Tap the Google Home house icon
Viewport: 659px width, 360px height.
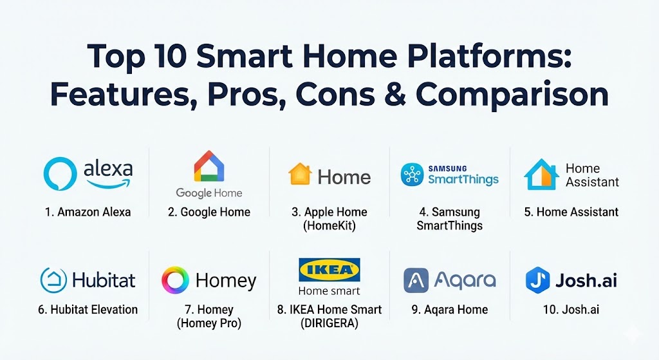[x=209, y=166]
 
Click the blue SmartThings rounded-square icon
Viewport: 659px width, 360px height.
[x=412, y=175]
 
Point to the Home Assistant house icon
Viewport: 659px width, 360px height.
[x=541, y=175]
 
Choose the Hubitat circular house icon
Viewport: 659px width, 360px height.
[x=53, y=280]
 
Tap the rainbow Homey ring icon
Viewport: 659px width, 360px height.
[x=175, y=280]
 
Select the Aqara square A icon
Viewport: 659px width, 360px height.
[x=416, y=280]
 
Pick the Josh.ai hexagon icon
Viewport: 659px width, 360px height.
[x=537, y=280]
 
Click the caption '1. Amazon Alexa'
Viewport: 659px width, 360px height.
[x=88, y=212]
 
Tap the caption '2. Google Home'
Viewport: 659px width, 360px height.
[x=209, y=212]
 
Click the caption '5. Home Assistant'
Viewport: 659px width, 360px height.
[x=571, y=212]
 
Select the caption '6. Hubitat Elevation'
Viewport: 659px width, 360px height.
[x=88, y=310]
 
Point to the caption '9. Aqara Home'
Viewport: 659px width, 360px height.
[x=449, y=310]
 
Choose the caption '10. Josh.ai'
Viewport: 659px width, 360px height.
[x=571, y=310]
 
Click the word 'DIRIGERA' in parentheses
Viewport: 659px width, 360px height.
[x=329, y=324]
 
